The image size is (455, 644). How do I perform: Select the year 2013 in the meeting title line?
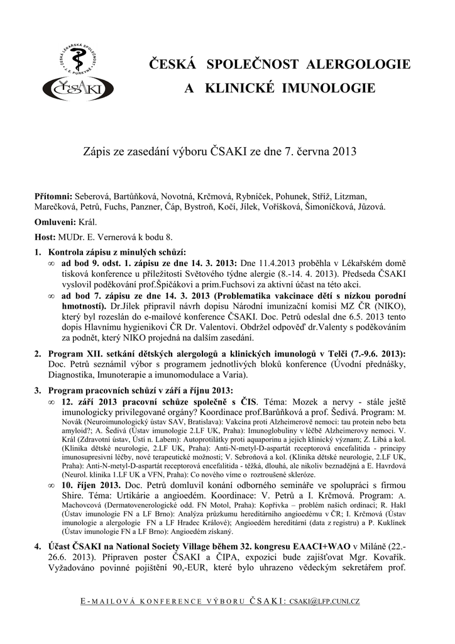(x=344, y=152)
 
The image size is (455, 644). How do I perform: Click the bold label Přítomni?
(x=53, y=196)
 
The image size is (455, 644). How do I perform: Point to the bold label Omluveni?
(x=54, y=222)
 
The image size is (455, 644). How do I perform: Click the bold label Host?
(x=45, y=237)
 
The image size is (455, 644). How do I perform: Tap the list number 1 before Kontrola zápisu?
(x=37, y=252)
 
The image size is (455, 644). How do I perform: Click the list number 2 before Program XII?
(x=37, y=353)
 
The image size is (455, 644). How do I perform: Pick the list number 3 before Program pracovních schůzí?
(x=37, y=391)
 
